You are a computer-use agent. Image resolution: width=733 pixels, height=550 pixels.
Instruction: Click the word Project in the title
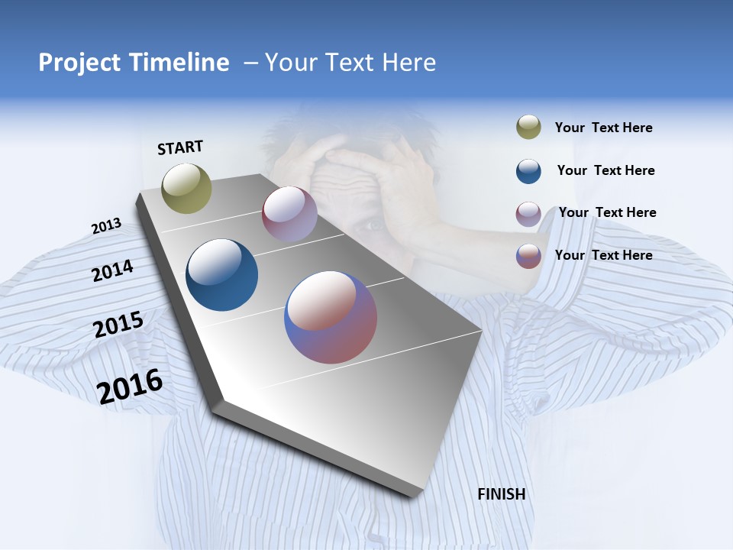point(79,63)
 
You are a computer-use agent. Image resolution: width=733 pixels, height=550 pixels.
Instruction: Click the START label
point(180,147)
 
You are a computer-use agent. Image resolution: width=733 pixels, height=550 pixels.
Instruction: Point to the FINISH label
point(501,494)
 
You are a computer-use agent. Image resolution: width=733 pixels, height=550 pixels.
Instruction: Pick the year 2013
point(106,226)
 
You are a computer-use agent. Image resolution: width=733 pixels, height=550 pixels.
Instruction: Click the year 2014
point(112,270)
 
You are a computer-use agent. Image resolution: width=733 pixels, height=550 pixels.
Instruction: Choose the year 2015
point(118,325)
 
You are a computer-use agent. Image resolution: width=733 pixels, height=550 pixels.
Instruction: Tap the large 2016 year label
point(130,386)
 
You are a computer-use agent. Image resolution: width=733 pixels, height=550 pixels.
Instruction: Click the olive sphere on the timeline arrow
point(186,188)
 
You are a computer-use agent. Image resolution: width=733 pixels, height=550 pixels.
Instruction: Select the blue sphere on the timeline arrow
point(221,275)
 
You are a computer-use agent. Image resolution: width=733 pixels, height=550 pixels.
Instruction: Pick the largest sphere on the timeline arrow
point(331,317)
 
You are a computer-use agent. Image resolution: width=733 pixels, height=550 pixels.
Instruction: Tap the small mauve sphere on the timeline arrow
point(289,214)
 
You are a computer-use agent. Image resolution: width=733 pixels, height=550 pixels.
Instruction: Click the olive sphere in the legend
point(528,127)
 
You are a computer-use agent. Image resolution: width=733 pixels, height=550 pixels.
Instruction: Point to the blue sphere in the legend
point(528,170)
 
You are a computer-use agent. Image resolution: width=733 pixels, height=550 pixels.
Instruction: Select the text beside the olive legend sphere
point(603,128)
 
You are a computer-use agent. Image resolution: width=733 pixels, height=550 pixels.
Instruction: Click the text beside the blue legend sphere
point(605,170)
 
